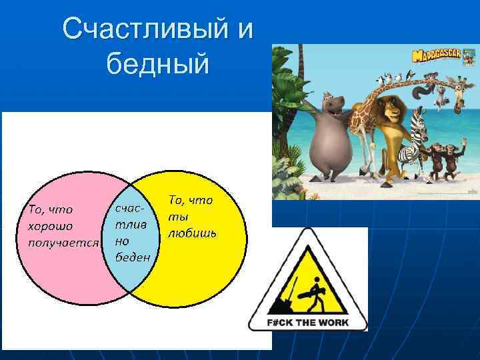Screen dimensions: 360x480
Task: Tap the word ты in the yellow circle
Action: pyautogui.click(x=175, y=216)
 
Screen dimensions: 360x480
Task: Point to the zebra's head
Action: pyautogui.click(x=419, y=124)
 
